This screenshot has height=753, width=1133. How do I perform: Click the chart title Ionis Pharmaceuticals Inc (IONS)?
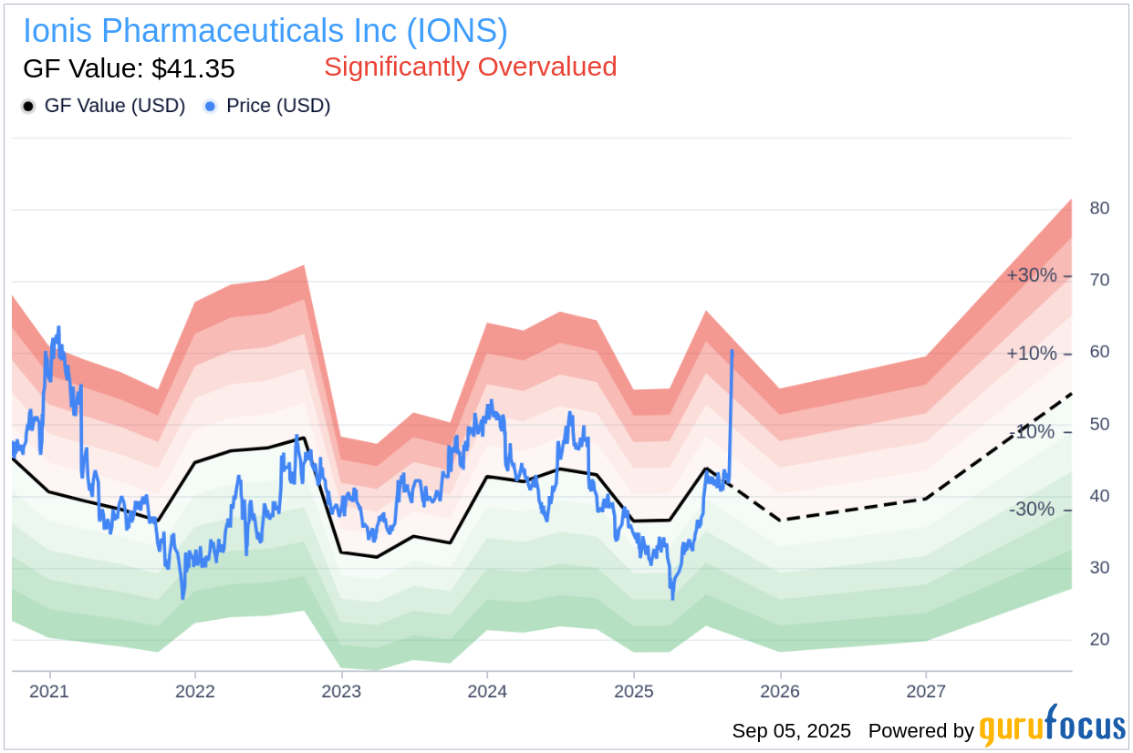[x=265, y=31]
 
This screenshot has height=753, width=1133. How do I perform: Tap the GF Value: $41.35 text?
[x=129, y=68]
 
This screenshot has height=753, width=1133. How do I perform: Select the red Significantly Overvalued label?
[x=470, y=67]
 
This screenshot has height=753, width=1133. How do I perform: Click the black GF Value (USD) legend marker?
[x=28, y=107]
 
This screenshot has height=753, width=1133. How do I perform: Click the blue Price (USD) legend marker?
[x=211, y=107]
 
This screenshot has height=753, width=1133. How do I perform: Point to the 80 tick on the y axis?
[x=1099, y=208]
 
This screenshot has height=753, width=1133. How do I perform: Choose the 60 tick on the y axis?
[x=1099, y=352]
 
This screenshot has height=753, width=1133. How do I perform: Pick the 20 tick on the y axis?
[x=1099, y=639]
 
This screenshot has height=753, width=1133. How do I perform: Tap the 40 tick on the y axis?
[x=1099, y=496]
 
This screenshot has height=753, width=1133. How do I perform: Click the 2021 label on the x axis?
[x=48, y=691]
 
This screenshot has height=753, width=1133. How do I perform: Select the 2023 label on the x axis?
[x=340, y=691]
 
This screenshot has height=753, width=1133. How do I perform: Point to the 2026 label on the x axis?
[x=780, y=691]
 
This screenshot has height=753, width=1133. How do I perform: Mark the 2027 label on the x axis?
[x=926, y=691]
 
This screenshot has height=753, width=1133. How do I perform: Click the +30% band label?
[x=1031, y=275]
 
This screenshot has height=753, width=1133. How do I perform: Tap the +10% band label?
[x=1031, y=354]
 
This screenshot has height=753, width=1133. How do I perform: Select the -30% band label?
[x=1031, y=510]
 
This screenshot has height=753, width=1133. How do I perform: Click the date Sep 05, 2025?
[x=791, y=731]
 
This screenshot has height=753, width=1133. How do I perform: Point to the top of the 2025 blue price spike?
[x=732, y=350]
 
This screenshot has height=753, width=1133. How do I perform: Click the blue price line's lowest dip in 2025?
[x=672, y=598]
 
